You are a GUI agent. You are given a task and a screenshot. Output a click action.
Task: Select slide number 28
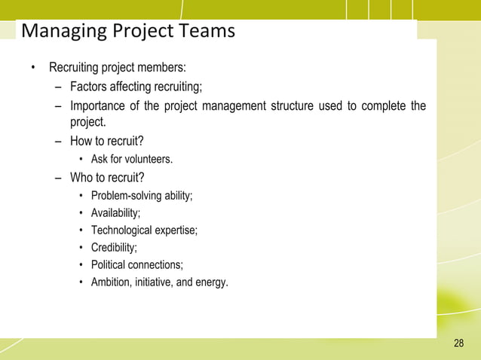click(x=459, y=344)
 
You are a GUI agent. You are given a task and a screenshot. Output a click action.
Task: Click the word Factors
click(x=90, y=87)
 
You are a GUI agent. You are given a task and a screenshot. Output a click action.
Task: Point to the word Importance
click(x=97, y=105)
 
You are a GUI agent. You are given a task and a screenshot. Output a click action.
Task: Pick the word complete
click(x=383, y=105)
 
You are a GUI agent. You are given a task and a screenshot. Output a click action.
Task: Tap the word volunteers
click(x=149, y=160)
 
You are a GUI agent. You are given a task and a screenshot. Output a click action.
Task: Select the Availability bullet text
click(x=115, y=213)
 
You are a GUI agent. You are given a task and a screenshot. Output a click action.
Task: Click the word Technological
click(x=121, y=230)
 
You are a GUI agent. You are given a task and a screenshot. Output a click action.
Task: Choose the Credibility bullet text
click(x=113, y=248)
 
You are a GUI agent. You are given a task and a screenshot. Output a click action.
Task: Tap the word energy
click(x=211, y=283)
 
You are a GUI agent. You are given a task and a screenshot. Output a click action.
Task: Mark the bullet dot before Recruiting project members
click(x=32, y=69)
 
